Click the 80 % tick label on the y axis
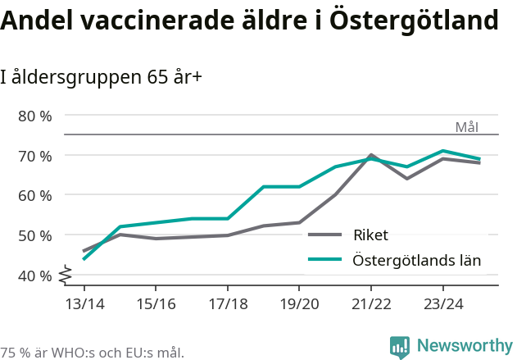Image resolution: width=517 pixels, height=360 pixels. point(34,116)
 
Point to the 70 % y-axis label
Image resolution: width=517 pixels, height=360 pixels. point(34,156)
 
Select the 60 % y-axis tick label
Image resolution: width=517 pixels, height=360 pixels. point(34,195)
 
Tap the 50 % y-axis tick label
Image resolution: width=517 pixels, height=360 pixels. point(34,235)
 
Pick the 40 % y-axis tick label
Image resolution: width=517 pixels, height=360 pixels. point(34,276)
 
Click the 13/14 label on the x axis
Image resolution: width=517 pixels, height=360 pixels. point(84,304)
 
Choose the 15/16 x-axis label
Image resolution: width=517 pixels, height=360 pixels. point(156,304)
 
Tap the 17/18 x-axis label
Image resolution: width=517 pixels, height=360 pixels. point(228,304)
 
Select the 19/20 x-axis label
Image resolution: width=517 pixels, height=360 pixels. point(299,304)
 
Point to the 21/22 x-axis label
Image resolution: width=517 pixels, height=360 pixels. point(371,304)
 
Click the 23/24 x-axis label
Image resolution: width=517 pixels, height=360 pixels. point(442,304)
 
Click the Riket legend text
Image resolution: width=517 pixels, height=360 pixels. point(370,235)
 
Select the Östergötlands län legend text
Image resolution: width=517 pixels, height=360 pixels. point(416,261)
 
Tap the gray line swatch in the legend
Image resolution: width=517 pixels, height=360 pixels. point(324,235)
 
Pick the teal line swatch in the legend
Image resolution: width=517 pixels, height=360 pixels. point(324,260)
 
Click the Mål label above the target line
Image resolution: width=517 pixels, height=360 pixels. point(466,127)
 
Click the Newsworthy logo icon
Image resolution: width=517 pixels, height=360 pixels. point(400,347)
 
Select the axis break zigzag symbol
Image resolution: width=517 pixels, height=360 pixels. point(66,275)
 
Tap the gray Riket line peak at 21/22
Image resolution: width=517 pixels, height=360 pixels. point(371,155)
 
